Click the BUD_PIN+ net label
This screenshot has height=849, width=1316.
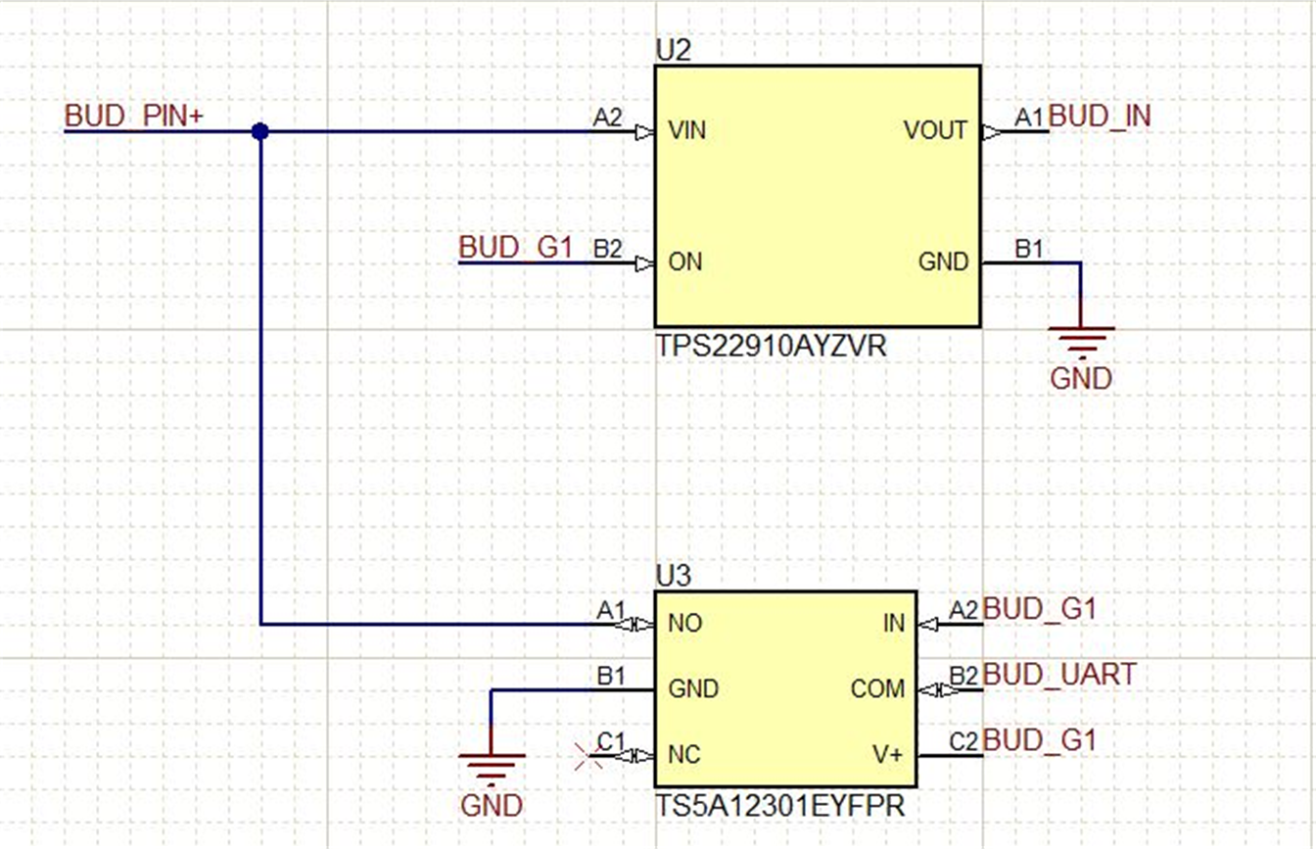pyautogui.click(x=134, y=116)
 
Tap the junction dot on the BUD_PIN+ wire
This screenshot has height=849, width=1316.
pyautogui.click(x=259, y=131)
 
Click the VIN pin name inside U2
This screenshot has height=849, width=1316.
pyautogui.click(x=687, y=130)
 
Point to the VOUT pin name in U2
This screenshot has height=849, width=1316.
pyautogui.click(x=936, y=130)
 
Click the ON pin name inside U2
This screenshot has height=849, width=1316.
pyautogui.click(x=684, y=262)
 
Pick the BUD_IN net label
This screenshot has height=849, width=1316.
pyautogui.click(x=1100, y=117)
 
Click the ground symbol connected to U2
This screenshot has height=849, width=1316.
pyautogui.click(x=1081, y=343)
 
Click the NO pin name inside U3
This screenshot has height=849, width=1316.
pyautogui.click(x=684, y=623)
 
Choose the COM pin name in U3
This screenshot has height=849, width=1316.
pyautogui.click(x=877, y=689)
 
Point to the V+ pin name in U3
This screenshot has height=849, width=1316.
pyautogui.click(x=888, y=755)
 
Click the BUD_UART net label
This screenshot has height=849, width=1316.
pyautogui.click(x=1059, y=675)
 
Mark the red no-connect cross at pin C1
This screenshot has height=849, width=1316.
pyautogui.click(x=588, y=755)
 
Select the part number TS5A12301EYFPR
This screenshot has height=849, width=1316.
pyautogui.click(x=779, y=806)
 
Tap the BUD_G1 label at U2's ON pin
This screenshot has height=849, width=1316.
pyautogui.click(x=515, y=248)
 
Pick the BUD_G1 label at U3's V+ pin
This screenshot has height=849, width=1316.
pyautogui.click(x=1039, y=740)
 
